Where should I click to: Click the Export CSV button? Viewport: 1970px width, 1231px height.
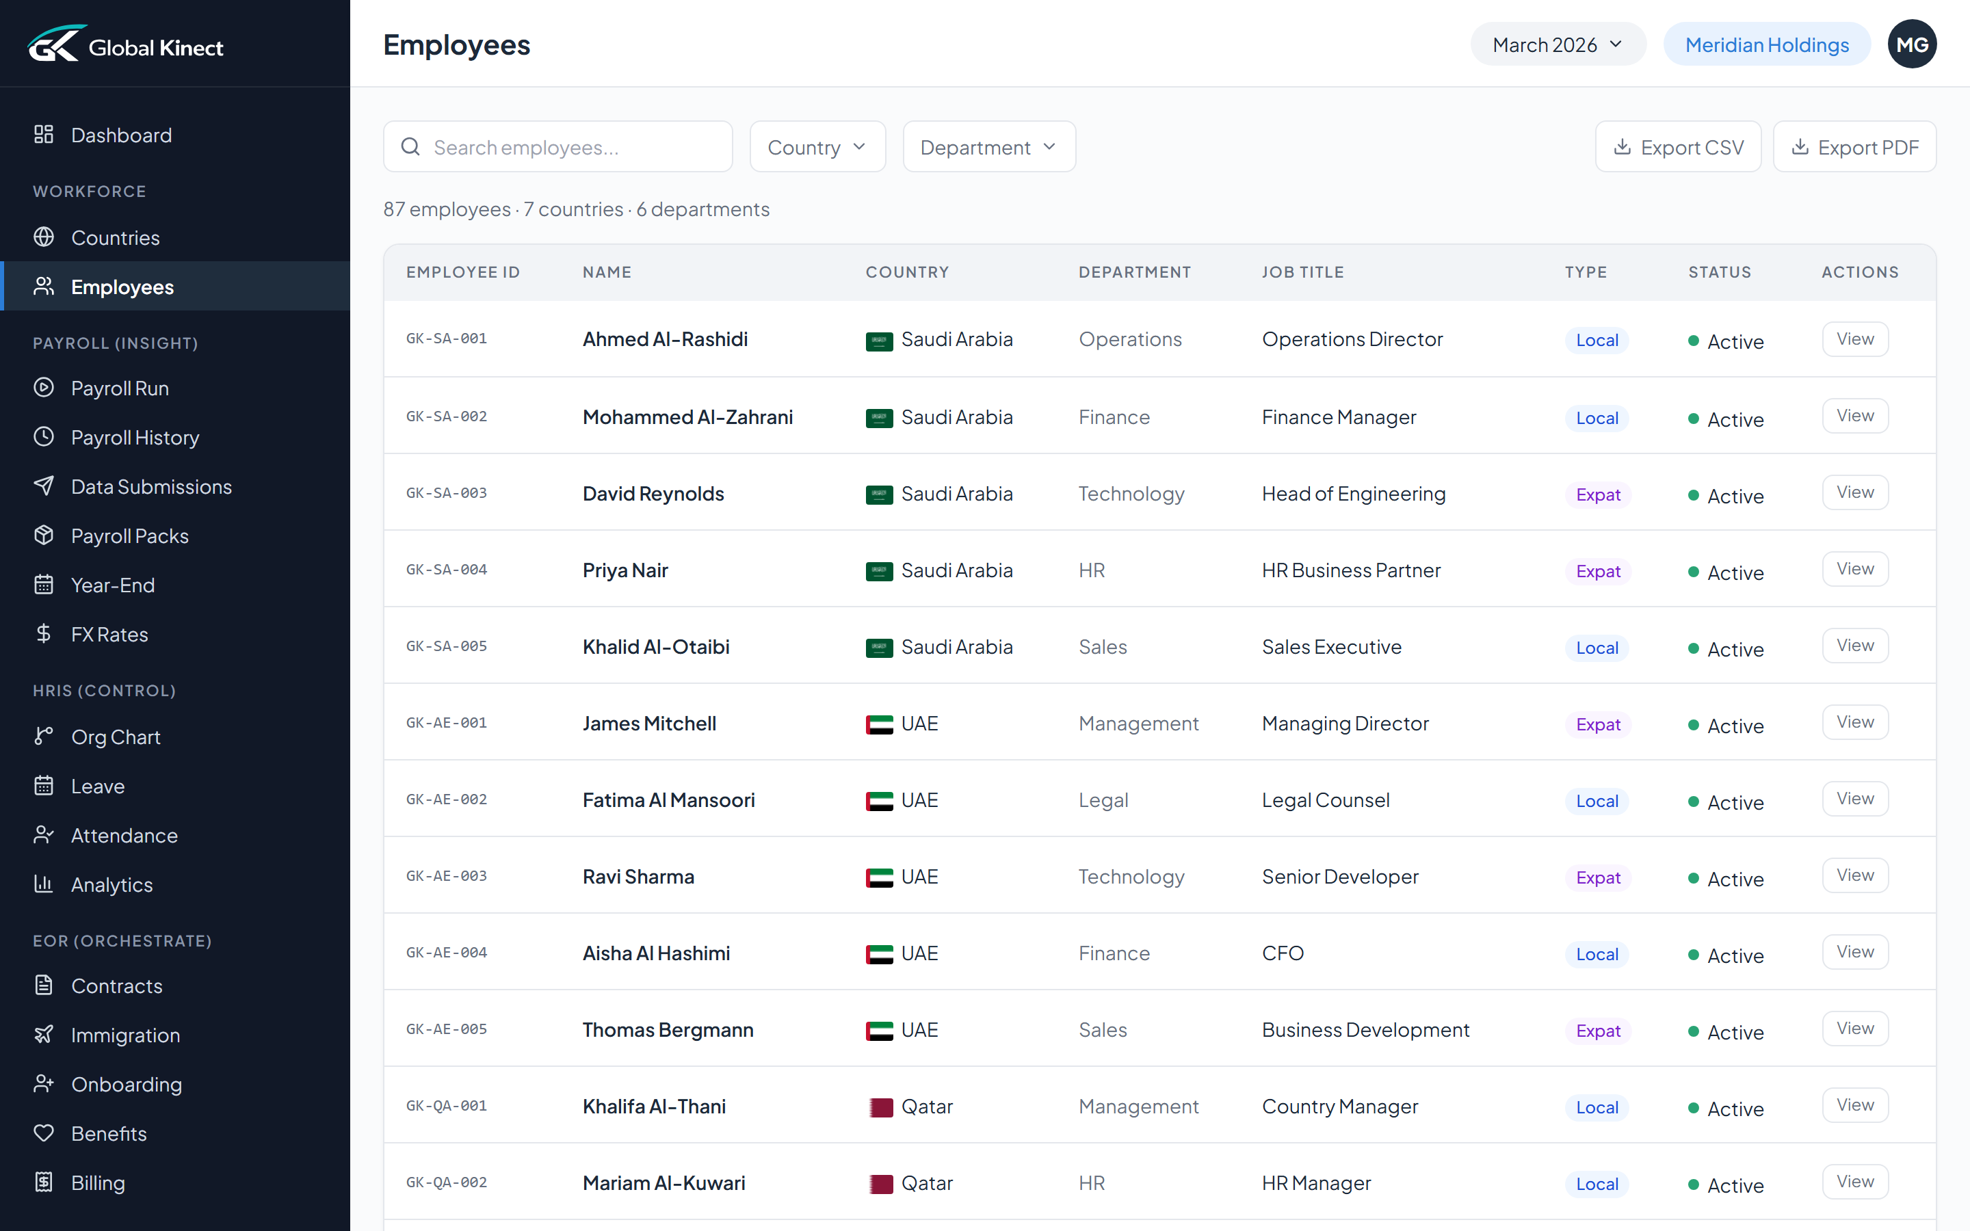pyautogui.click(x=1678, y=147)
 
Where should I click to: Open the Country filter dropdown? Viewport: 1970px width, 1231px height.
pyautogui.click(x=817, y=147)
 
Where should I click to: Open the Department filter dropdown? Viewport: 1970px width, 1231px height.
pyautogui.click(x=988, y=147)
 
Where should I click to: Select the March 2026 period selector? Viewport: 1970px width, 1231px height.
pyautogui.click(x=1556, y=44)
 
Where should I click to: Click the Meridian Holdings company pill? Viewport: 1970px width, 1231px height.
pyautogui.click(x=1766, y=44)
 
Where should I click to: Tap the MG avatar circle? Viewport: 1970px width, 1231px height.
pyautogui.click(x=1911, y=44)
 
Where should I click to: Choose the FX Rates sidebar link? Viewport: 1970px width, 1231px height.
pyautogui.click(x=109, y=634)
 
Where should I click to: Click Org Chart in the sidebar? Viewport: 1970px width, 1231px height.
pyautogui.click(x=116, y=737)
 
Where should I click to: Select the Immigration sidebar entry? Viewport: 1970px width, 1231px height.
pyautogui.click(x=125, y=1035)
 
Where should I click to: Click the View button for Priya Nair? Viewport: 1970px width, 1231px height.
pyautogui.click(x=1854, y=569)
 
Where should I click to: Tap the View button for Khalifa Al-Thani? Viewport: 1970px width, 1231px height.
pyautogui.click(x=1854, y=1104)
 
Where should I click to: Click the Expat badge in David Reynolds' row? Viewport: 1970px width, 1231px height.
pyautogui.click(x=1597, y=495)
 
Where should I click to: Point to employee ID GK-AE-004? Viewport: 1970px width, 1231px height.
pyautogui.click(x=446, y=953)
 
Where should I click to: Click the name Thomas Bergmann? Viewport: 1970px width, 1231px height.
pyautogui.click(x=668, y=1030)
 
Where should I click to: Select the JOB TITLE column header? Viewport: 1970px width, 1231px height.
pyautogui.click(x=1302, y=272)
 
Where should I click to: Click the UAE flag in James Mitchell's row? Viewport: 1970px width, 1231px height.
pyautogui.click(x=879, y=724)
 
